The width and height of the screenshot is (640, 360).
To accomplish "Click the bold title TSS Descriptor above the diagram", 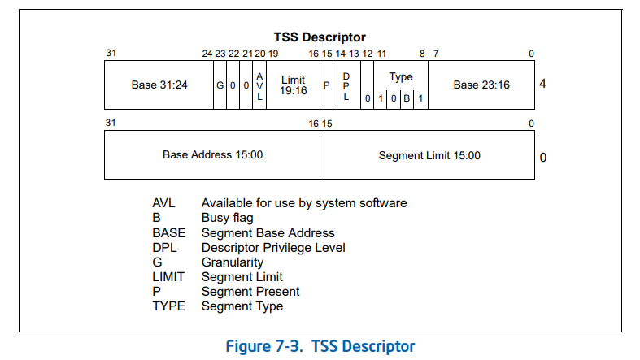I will [320, 37].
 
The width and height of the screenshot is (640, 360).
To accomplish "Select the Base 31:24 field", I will [159, 85].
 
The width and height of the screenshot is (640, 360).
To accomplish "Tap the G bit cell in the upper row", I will [220, 85].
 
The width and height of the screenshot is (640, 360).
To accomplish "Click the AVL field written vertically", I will [260, 85].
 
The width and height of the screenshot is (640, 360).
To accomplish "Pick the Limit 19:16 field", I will [293, 85].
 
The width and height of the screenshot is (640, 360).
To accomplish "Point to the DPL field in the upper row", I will [346, 85].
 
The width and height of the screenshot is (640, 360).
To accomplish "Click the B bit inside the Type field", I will [407, 98].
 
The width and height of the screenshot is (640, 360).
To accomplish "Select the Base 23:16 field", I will [481, 85].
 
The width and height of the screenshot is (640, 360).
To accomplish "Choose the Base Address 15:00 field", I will [212, 154].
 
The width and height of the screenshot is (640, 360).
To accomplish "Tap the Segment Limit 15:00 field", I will [429, 155].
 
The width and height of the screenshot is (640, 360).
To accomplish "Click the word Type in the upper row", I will [401, 76].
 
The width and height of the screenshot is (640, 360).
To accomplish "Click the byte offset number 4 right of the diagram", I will [542, 83].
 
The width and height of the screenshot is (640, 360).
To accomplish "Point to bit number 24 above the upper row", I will [207, 54].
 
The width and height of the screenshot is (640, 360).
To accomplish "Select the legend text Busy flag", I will [227, 218].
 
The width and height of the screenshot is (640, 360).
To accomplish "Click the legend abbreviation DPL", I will [164, 247].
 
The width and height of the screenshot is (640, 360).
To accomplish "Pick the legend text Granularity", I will [232, 262].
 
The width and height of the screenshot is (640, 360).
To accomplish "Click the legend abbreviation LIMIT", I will [168, 276].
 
